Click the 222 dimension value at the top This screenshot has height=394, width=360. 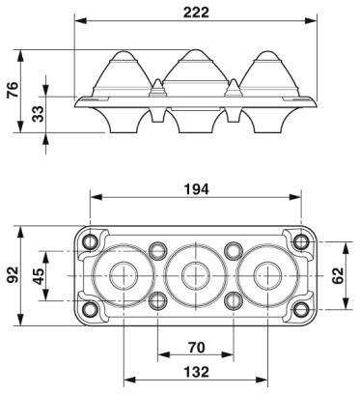click(196, 13)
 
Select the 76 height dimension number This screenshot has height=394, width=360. click(13, 90)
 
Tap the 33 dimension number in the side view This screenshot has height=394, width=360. click(38, 114)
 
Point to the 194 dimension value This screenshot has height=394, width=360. click(196, 189)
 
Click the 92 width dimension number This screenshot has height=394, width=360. click(13, 274)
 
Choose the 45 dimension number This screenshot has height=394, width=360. click(39, 276)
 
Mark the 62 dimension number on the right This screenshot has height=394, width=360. click(338, 275)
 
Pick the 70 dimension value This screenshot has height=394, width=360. click(196, 348)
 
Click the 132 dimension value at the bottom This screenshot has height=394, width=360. click(196, 372)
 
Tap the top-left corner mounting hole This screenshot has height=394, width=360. click(90, 241)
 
